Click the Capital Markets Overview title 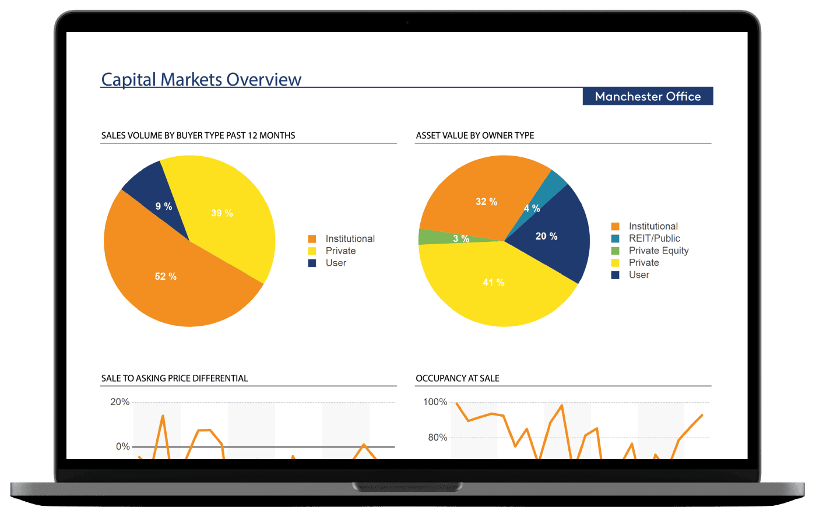pos(201,79)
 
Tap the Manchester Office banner pos(648,97)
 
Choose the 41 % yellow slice pos(495,286)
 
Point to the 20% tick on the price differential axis pos(120,402)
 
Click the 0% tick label pos(122,446)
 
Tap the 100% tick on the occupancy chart pos(435,402)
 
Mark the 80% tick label pos(437,438)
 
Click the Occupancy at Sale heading pos(458,378)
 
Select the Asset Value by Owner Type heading pos(475,135)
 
